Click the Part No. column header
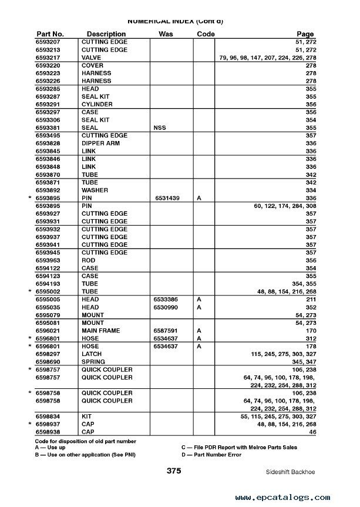(x=50, y=34)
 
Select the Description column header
(x=106, y=34)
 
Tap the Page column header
(x=305, y=34)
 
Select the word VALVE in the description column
(x=91, y=58)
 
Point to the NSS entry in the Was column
(x=159, y=127)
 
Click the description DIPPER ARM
(x=100, y=143)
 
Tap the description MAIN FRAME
(x=101, y=330)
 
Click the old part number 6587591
(x=166, y=330)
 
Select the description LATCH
(x=91, y=354)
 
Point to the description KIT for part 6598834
(x=87, y=416)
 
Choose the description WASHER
(x=94, y=190)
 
